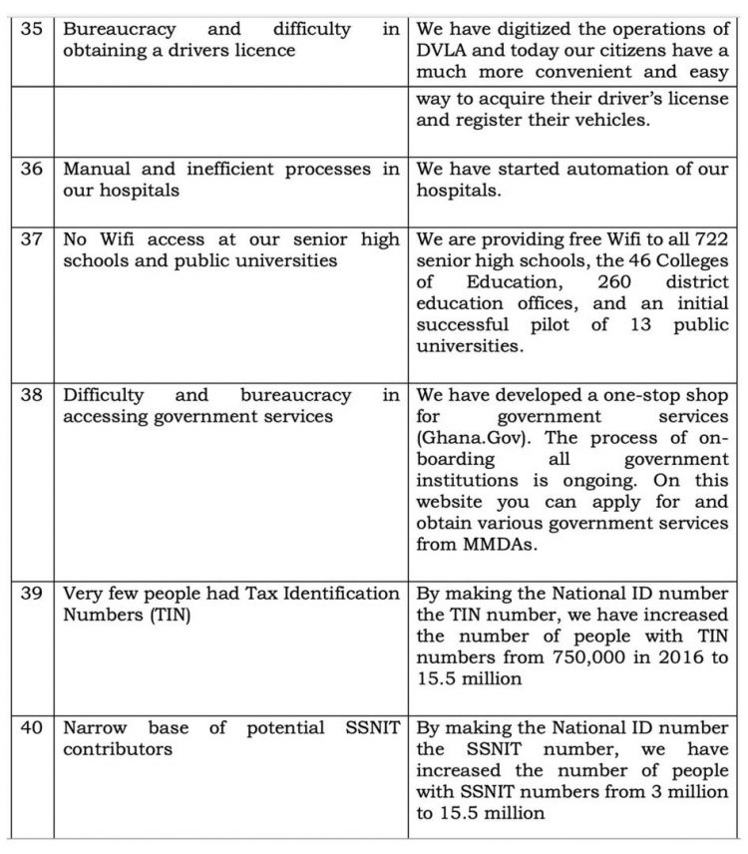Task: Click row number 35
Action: click(30, 29)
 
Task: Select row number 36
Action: click(30, 169)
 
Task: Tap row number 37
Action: click(30, 239)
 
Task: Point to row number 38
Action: click(30, 396)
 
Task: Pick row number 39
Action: click(30, 594)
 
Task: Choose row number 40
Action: click(30, 728)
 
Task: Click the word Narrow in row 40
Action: click(96, 728)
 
